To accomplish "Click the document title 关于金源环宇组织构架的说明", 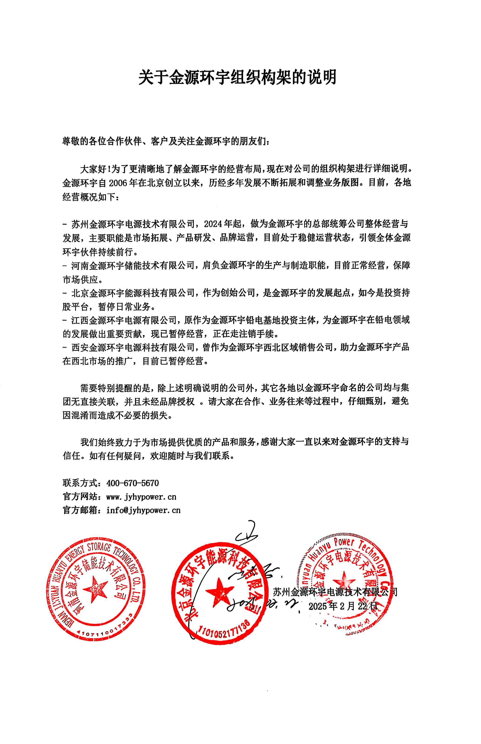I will (238, 77).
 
